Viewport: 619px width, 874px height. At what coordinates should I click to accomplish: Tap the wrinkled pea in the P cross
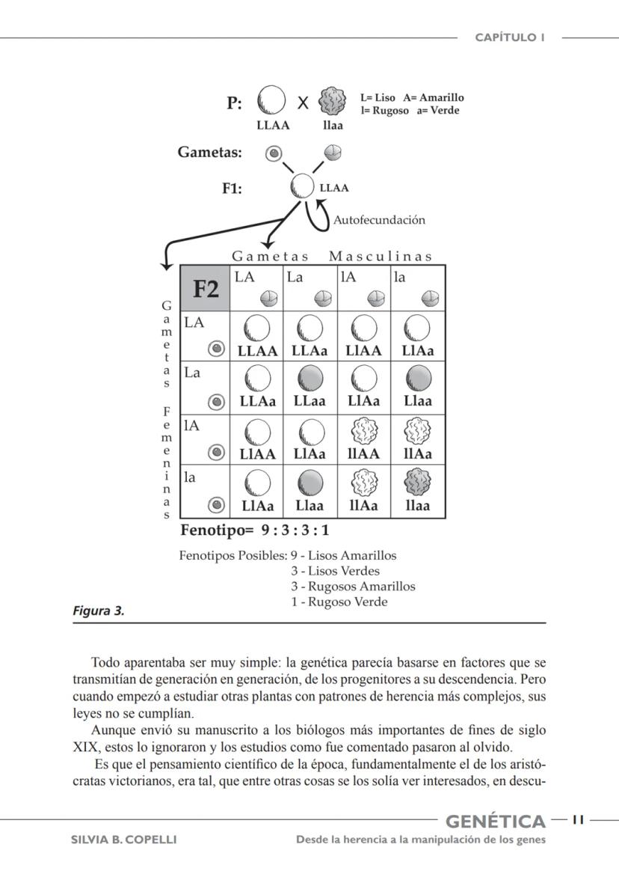pos(333,101)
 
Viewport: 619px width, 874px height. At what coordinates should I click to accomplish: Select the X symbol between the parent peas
pos(303,103)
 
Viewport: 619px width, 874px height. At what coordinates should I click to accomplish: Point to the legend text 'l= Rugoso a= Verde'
pos(409,111)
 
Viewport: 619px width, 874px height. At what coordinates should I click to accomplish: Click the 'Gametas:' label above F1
pos(209,153)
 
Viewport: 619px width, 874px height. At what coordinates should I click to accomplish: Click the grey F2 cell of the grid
pos(206,288)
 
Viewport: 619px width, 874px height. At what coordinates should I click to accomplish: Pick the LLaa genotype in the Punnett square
pos(312,401)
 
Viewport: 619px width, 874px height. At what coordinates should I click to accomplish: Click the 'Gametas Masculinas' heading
pos(332,257)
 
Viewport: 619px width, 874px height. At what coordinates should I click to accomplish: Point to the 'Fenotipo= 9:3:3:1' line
pos(255,531)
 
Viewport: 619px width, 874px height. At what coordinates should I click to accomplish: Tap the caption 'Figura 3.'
pos(98,611)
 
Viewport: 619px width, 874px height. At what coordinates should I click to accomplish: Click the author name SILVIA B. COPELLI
pos(123,840)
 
